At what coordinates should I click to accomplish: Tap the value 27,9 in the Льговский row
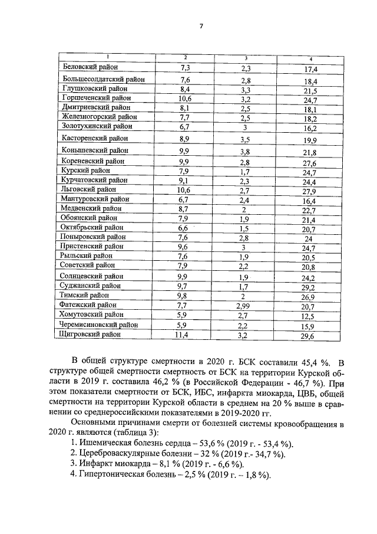tap(310, 191)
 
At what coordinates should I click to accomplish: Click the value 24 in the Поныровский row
tap(308, 239)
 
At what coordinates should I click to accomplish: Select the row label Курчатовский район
tap(94, 180)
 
